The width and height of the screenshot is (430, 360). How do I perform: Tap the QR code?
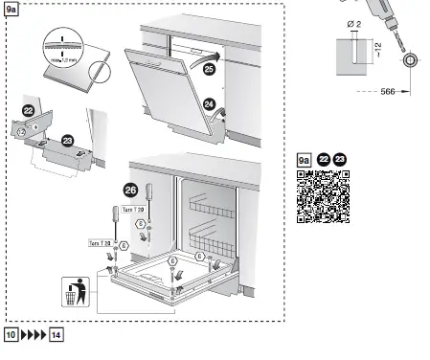(x=322, y=195)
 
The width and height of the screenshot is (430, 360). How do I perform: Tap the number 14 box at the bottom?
(x=57, y=335)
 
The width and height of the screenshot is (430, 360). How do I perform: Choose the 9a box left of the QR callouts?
(x=304, y=159)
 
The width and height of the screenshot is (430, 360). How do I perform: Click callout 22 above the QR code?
(x=324, y=159)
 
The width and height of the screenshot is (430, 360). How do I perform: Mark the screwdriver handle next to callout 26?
(x=148, y=210)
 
